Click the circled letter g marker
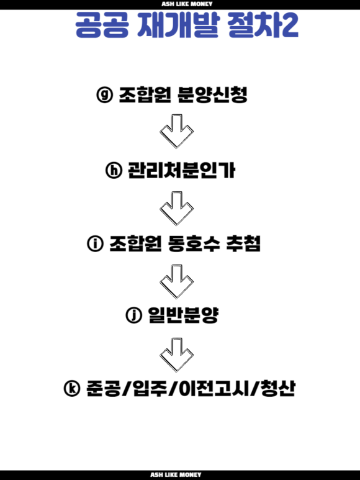(x=105, y=94)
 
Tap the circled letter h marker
(x=114, y=170)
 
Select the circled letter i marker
(x=95, y=244)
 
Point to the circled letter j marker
(x=133, y=315)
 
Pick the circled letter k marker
(x=72, y=389)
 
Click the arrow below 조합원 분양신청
(x=176, y=132)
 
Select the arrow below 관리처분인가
(x=176, y=209)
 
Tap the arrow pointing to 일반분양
(x=176, y=282)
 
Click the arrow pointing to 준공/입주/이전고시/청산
(x=176, y=355)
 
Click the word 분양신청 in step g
(x=212, y=94)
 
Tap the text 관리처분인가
(x=181, y=170)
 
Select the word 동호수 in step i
(x=194, y=244)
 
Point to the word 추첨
(x=243, y=244)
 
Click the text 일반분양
(x=183, y=315)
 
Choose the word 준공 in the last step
(x=103, y=389)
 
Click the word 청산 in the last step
(x=277, y=389)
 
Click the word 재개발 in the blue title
(x=178, y=25)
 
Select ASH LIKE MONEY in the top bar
(x=187, y=4)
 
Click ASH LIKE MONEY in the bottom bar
(x=176, y=474)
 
